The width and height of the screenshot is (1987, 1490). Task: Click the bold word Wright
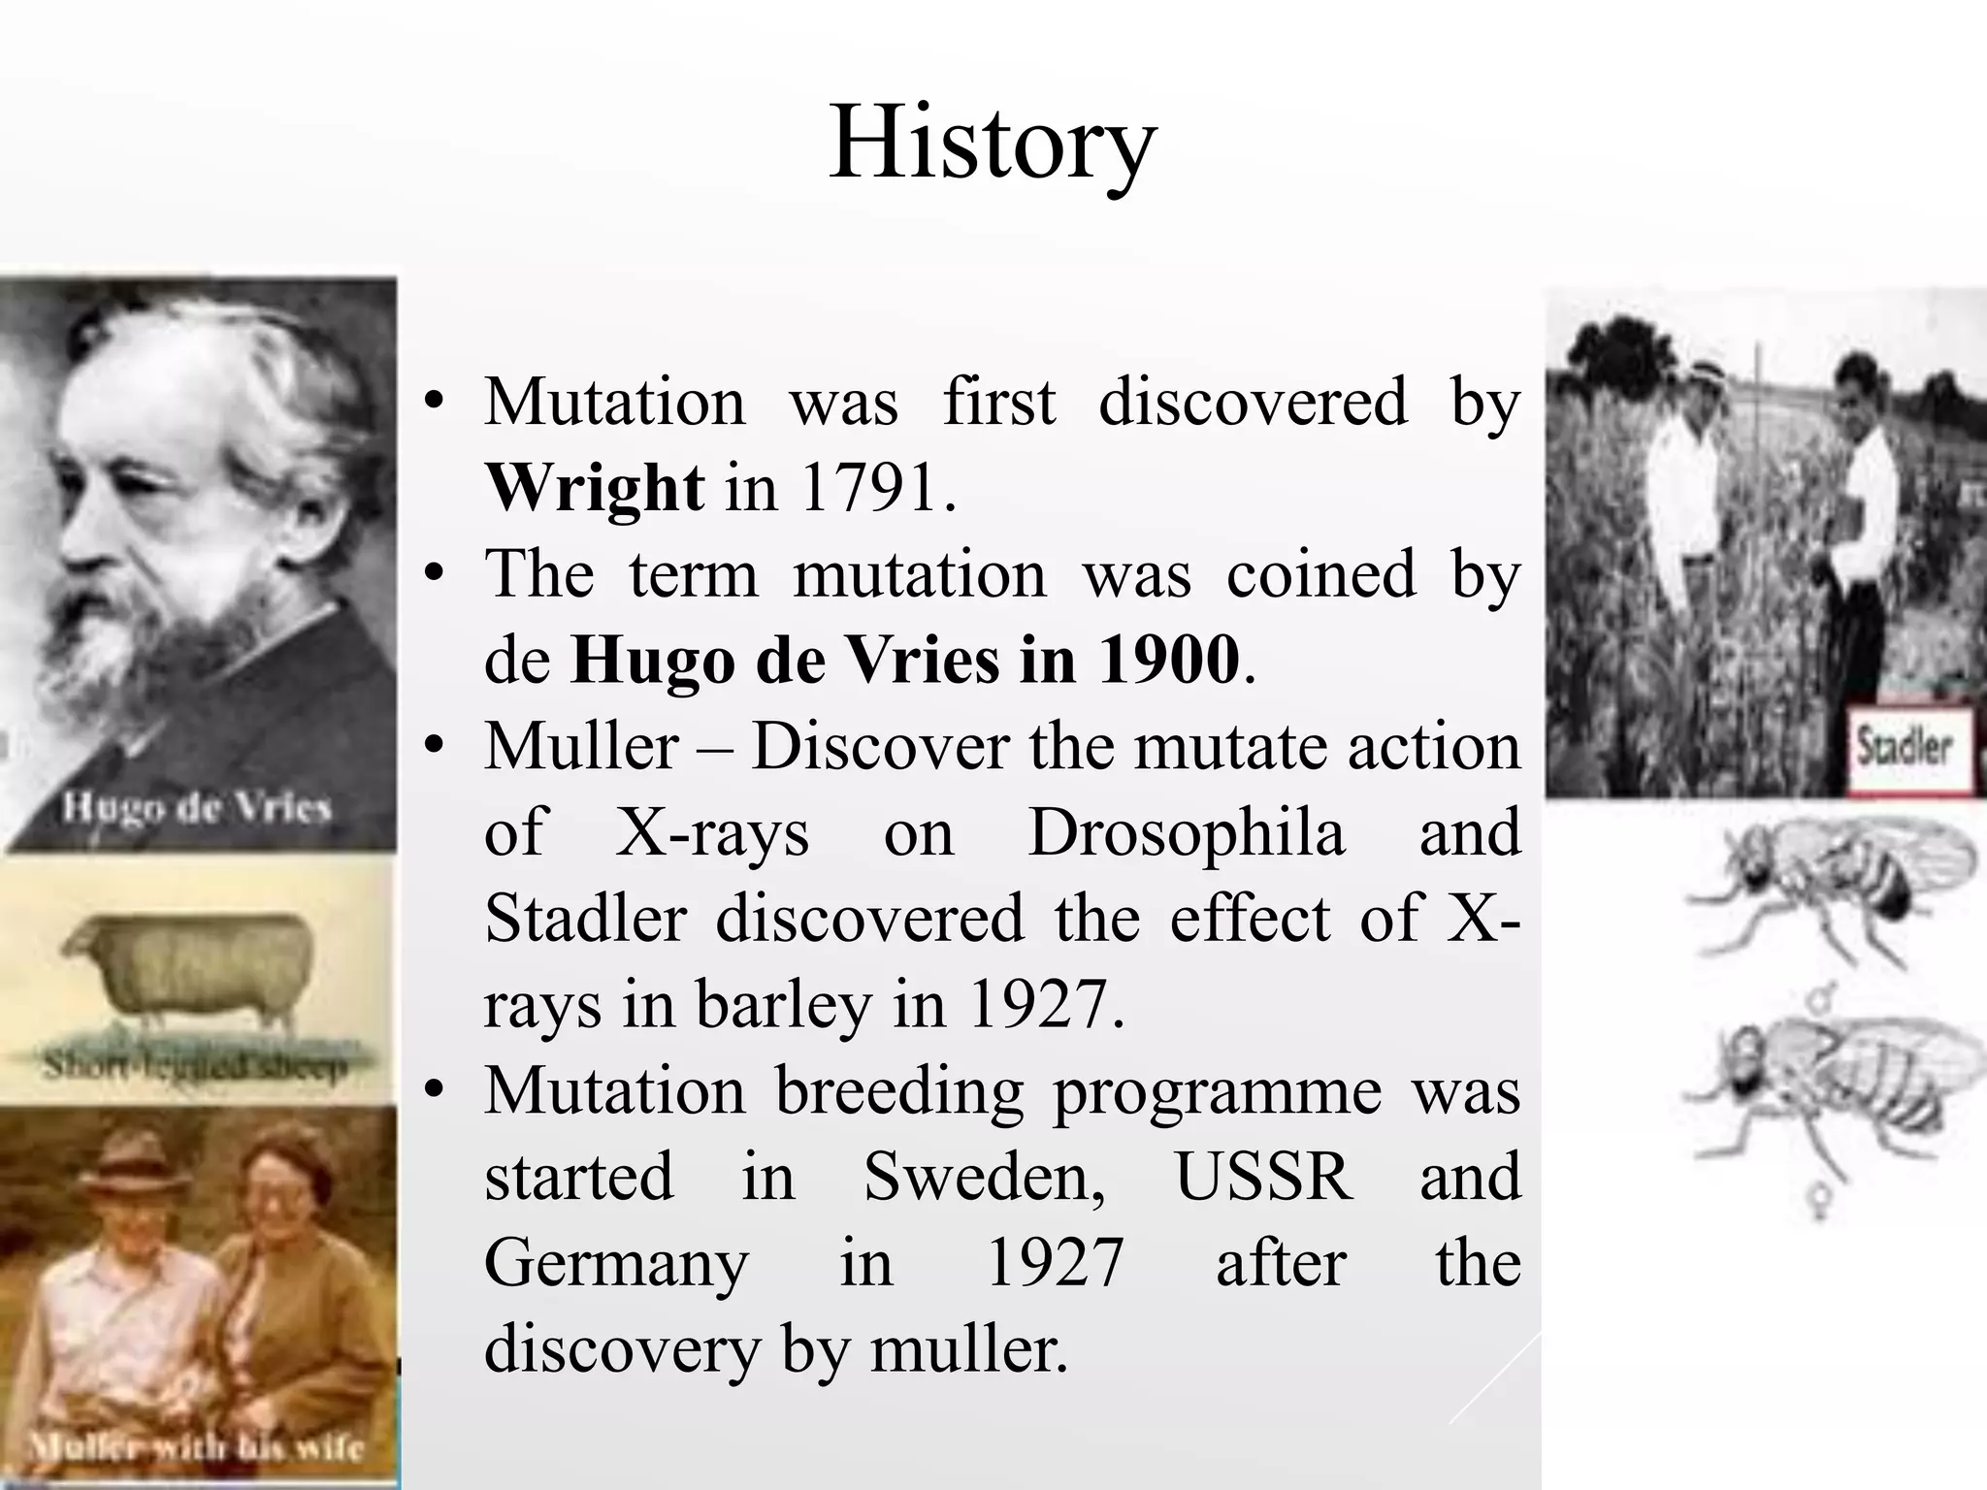click(594, 487)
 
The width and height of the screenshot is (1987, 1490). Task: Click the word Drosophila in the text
click(1186, 832)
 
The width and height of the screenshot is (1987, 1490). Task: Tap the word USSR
click(1263, 1177)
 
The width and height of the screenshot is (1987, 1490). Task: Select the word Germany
click(616, 1263)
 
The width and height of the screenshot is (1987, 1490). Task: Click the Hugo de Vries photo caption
click(197, 807)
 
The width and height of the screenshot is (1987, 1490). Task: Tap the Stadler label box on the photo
click(1904, 748)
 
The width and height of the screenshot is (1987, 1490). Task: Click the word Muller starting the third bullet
click(581, 746)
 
